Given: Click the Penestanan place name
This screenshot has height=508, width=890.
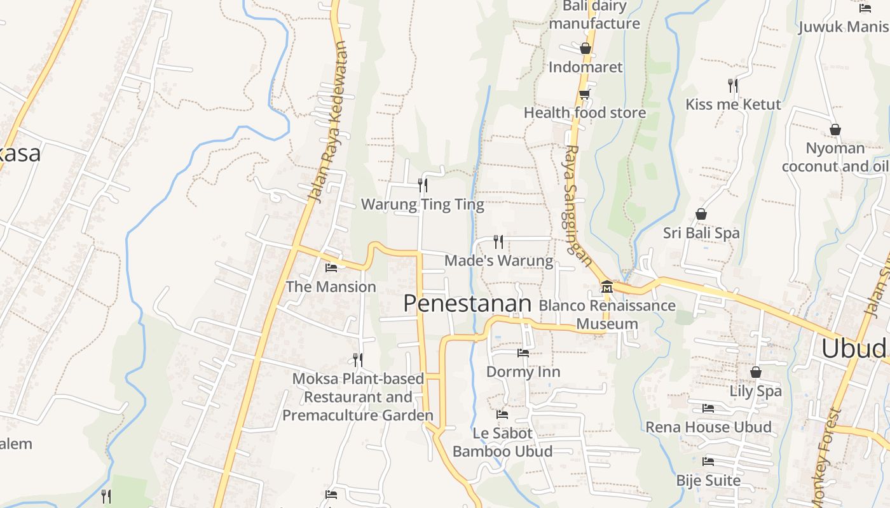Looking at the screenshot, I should tap(467, 304).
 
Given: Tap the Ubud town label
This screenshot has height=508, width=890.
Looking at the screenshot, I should tap(853, 349).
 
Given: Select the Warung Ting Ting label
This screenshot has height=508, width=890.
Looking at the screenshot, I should tap(422, 204).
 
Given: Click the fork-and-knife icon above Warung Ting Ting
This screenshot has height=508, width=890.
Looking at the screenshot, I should tap(422, 185).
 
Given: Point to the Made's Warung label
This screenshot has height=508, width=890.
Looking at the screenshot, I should tap(498, 260).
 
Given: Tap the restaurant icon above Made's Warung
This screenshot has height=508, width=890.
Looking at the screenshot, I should tap(498, 241).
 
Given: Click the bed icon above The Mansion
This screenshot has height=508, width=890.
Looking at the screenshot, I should tap(331, 268).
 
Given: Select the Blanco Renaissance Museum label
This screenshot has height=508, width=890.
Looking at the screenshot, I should tap(607, 314).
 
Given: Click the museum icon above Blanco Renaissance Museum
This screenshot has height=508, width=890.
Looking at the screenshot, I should tap(606, 287).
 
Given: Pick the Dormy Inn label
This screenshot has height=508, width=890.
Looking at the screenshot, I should tap(523, 371).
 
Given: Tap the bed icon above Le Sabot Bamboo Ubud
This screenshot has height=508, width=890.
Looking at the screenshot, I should tap(502, 415).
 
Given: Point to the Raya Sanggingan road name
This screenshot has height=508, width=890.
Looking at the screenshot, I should tap(577, 203).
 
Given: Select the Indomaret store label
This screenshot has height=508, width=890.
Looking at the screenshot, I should tap(585, 67).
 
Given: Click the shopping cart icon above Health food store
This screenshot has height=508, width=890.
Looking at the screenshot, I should tap(584, 95).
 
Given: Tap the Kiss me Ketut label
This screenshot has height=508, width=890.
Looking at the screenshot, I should tap(733, 104).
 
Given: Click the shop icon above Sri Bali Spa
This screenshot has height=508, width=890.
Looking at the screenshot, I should tap(701, 214).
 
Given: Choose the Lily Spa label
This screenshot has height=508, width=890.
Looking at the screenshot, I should tap(755, 391).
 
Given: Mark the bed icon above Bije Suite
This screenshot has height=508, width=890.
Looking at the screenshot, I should tap(708, 462).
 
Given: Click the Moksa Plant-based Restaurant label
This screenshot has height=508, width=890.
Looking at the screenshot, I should tap(358, 397).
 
